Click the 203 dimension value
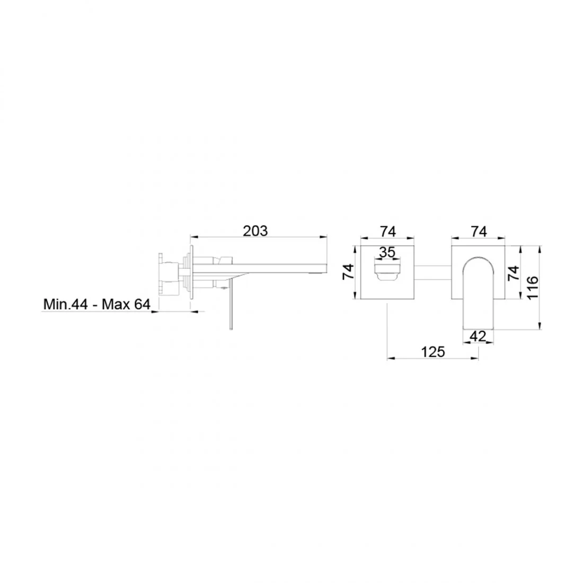point(255,231)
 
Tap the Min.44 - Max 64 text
point(96,304)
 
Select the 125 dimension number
point(433,351)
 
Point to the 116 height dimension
point(533,287)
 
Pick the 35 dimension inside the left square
point(387,252)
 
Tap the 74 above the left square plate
point(388,231)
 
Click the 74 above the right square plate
point(479,231)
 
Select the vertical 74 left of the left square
point(348,271)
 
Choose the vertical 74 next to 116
point(514,273)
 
